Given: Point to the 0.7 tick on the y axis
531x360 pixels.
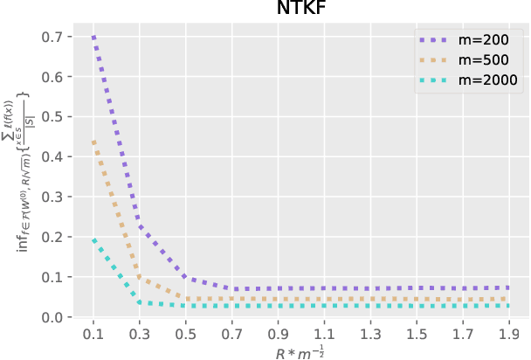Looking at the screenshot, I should pos(50,38).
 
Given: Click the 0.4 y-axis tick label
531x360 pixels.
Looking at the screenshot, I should pos(50,157).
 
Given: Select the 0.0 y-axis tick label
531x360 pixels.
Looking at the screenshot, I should pos(50,317).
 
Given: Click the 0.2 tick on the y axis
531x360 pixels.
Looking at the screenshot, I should pos(50,238).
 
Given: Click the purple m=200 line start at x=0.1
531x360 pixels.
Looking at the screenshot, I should pos(93,38).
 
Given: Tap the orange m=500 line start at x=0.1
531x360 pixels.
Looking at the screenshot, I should pos(93,140).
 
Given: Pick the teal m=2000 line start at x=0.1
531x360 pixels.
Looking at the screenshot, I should pos(93,239).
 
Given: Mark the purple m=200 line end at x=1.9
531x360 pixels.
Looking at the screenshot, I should pos(507,287).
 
